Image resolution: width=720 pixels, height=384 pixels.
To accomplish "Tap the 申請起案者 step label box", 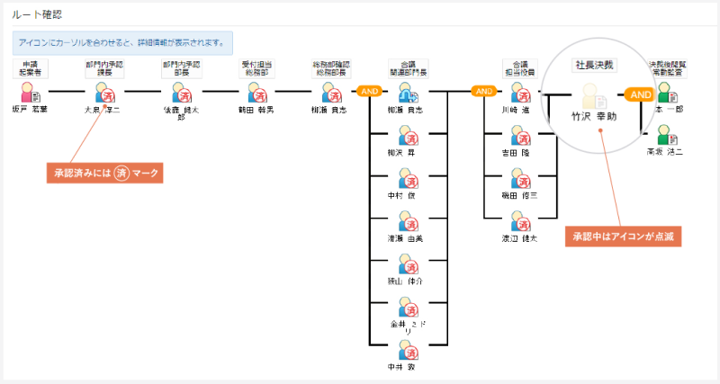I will (30, 68).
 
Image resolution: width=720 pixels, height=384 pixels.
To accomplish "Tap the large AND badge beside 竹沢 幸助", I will (640, 94).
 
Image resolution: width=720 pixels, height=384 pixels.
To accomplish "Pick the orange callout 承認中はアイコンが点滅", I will (625, 237).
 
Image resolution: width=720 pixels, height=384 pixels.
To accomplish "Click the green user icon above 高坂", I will (665, 133).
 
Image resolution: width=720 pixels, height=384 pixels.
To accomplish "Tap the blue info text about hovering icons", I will (122, 43).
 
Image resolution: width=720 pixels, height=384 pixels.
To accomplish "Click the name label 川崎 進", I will (517, 110).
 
